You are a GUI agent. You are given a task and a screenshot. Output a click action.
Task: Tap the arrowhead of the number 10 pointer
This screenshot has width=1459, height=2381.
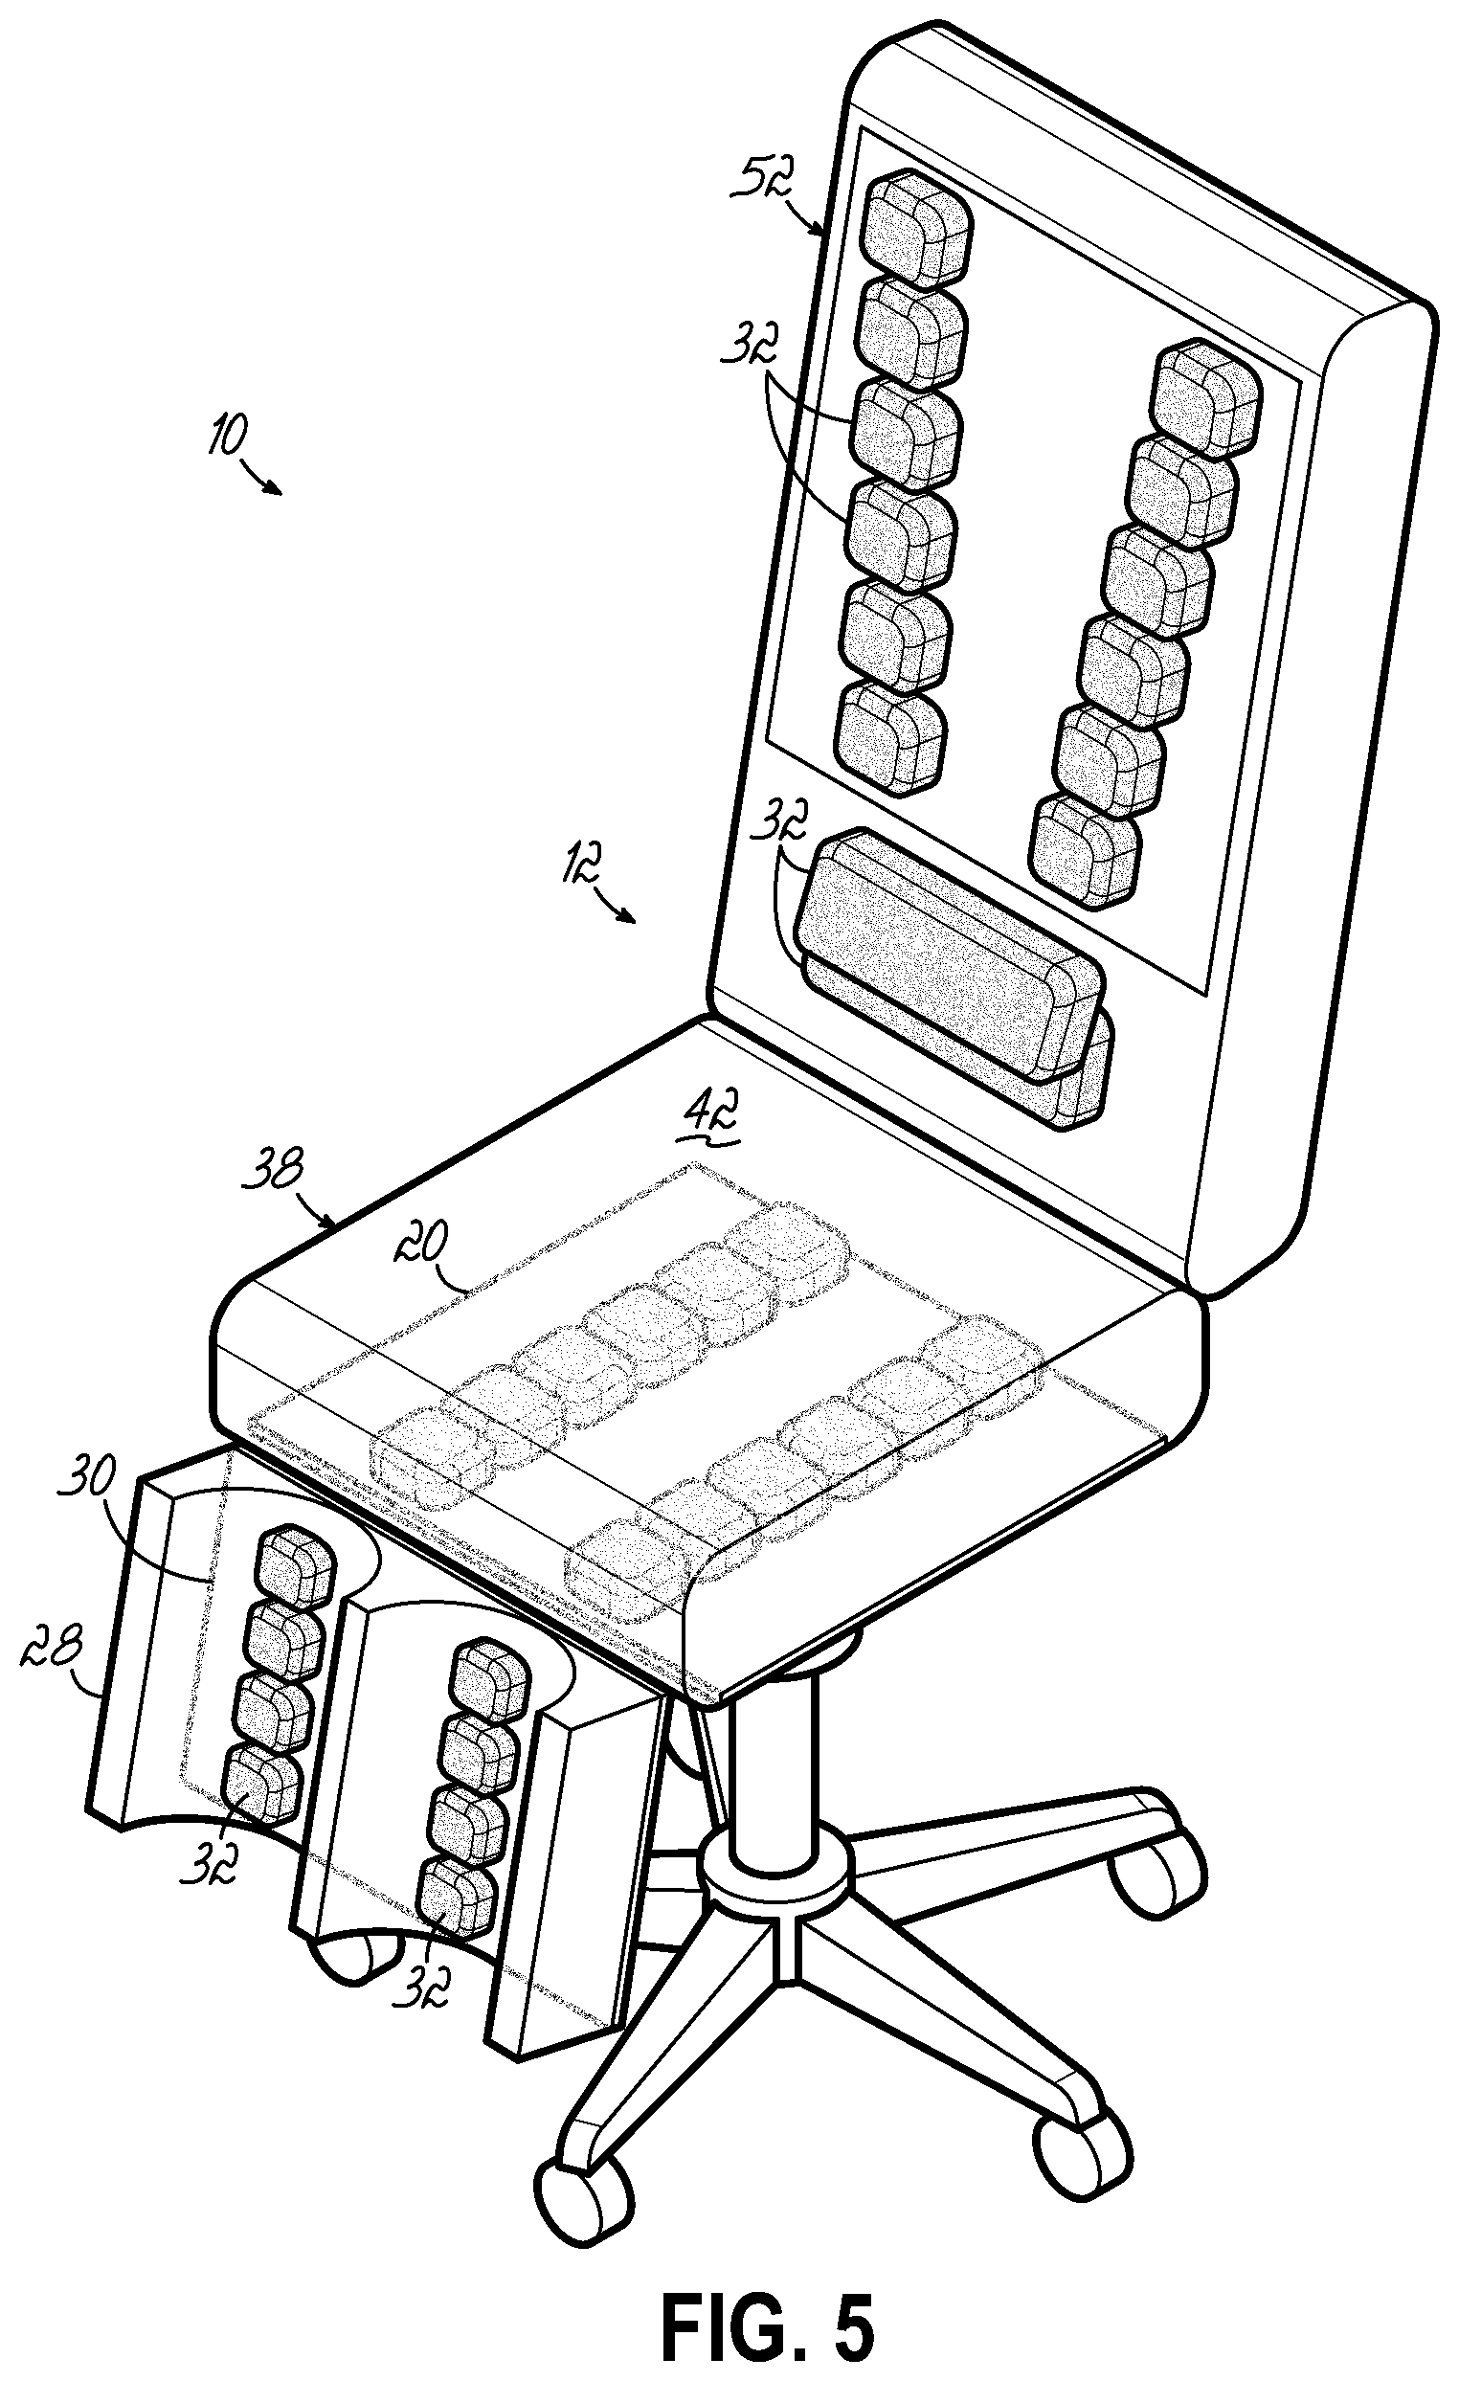(x=280, y=492)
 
